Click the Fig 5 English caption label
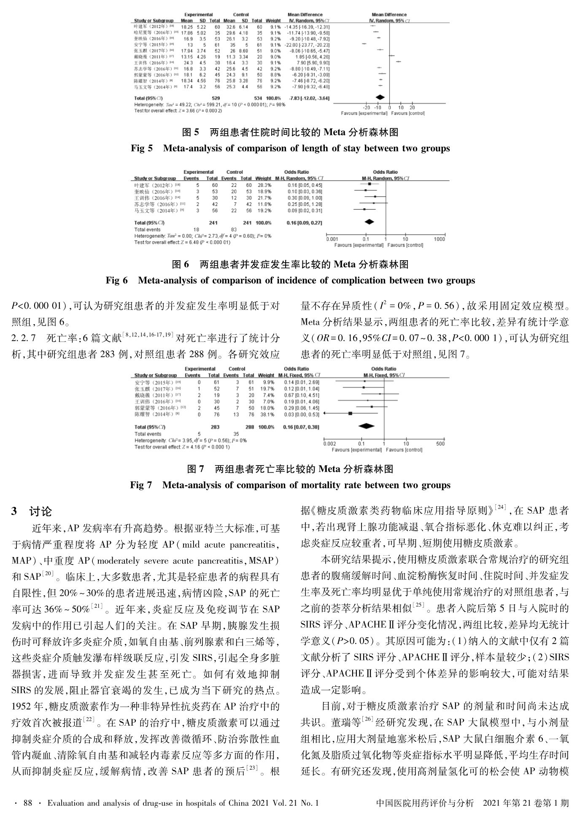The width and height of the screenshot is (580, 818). [x=142, y=148]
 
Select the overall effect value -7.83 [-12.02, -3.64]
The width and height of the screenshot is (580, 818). [x=309, y=98]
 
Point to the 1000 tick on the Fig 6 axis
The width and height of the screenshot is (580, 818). [x=440, y=239]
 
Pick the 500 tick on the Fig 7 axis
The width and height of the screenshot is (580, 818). [x=440, y=444]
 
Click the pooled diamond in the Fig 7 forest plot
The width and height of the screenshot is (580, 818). [x=366, y=427]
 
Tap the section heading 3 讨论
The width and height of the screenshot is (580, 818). [x=31, y=512]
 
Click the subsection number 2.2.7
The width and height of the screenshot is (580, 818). [x=26, y=338]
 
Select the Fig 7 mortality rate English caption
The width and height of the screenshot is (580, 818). [x=290, y=485]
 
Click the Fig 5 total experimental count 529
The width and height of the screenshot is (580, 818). [x=216, y=98]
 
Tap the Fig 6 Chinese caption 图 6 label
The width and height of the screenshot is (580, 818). [x=181, y=264]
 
